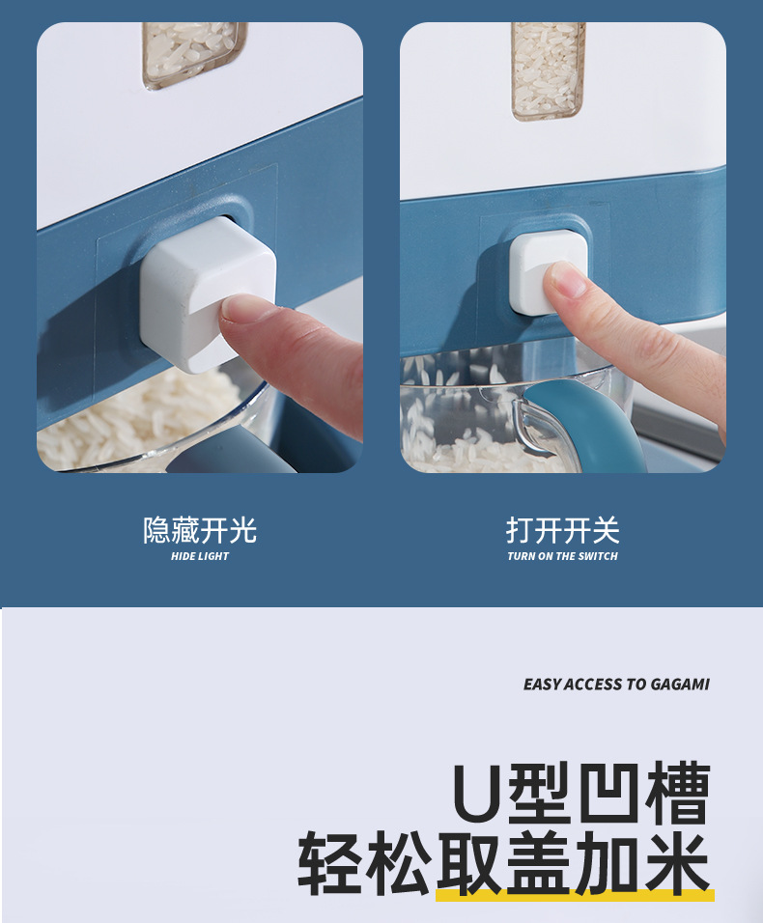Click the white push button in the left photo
(x=206, y=290)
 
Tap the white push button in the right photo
(x=548, y=273)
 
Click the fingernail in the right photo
(x=568, y=281)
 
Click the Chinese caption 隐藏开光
(x=200, y=530)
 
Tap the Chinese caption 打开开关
(x=562, y=530)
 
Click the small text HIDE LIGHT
(x=200, y=556)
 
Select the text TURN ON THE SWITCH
(x=562, y=556)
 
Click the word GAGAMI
(x=680, y=684)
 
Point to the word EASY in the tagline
(x=542, y=684)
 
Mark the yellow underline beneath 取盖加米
(x=575, y=896)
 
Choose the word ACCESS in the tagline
(x=593, y=684)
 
